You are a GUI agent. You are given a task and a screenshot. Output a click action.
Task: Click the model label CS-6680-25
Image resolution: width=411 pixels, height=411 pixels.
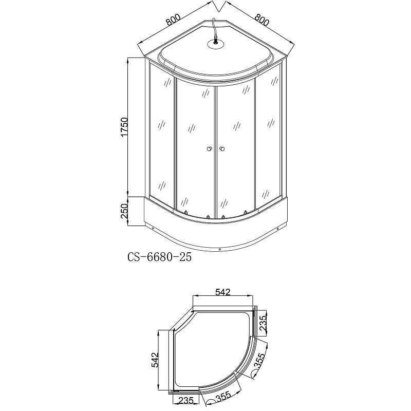159,257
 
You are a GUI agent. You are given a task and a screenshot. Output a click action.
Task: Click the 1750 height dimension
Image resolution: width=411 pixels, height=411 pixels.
124,127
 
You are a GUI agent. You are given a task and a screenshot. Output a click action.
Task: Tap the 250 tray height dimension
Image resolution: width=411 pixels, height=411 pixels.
124,211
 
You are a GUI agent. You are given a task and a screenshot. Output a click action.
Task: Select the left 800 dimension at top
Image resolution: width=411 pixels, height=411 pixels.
173,20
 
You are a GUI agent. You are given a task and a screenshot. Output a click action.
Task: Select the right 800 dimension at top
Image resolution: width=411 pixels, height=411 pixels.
261,20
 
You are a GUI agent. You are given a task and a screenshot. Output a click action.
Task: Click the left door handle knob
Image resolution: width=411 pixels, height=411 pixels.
209,149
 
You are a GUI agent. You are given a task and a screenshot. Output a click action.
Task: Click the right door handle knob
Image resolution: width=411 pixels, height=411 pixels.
222,149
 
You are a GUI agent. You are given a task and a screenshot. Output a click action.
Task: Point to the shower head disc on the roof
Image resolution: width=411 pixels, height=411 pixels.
216,44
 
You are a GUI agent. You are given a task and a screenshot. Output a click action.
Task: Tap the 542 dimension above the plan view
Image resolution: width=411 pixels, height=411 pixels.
223,292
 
